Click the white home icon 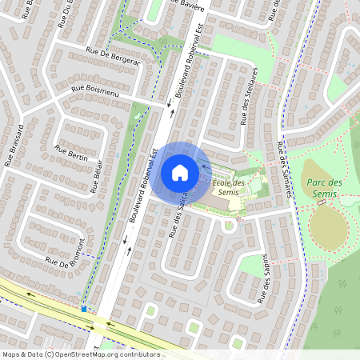coord(180,172)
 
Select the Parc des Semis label coord(325,188)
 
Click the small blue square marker coord(84,308)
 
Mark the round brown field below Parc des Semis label coord(328,229)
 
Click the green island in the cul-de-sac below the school coord(229,225)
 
